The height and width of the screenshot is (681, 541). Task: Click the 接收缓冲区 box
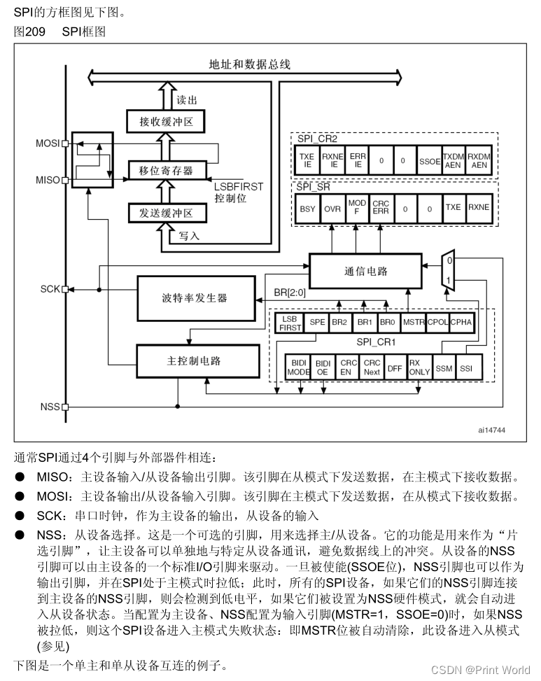(166, 122)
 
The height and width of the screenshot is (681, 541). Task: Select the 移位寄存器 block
(166, 170)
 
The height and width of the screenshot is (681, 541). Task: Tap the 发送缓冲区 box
(166, 212)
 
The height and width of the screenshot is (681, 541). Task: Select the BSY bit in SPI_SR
(307, 208)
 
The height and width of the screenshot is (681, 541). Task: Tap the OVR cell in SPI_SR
(332, 208)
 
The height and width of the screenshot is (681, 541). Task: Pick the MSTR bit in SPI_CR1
(414, 322)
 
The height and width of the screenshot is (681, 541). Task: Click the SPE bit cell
(317, 322)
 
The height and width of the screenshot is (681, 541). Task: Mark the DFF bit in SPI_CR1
(395, 367)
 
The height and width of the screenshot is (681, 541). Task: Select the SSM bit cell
(444, 367)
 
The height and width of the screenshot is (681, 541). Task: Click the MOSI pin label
(48, 143)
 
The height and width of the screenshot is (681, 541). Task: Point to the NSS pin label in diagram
(50, 407)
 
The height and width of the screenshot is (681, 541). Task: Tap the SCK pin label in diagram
(50, 288)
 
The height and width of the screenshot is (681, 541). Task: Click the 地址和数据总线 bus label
(249, 64)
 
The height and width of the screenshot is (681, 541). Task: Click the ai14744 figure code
(491, 430)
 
